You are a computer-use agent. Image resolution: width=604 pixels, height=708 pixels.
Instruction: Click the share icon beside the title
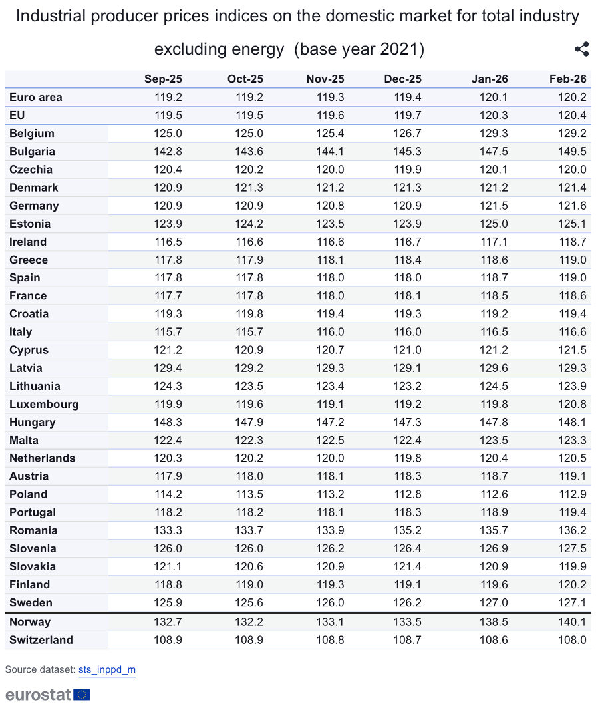[x=581, y=49]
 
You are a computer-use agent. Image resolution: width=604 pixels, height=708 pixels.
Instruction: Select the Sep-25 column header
[x=163, y=79]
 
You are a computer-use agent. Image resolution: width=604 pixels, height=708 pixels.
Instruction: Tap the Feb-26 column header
[x=567, y=79]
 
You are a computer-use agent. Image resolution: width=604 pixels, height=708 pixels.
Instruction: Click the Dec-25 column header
[x=402, y=79]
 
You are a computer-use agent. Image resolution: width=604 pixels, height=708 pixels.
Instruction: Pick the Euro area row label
[x=36, y=97]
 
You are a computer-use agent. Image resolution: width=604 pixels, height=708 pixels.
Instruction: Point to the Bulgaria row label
[x=32, y=152]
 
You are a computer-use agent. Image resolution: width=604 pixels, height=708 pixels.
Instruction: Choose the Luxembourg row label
[x=44, y=404]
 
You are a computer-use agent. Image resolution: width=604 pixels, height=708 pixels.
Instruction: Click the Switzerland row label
[x=41, y=640]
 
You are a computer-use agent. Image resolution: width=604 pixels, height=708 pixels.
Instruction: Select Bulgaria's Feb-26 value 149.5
[x=573, y=152]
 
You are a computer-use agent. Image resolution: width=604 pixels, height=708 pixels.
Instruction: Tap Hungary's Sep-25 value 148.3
[x=168, y=422]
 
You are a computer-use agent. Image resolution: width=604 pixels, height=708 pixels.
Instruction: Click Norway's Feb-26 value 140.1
[x=573, y=622]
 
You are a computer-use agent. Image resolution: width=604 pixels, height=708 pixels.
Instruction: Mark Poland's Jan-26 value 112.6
[x=494, y=494]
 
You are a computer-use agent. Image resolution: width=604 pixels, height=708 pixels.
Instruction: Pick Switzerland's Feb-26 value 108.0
[x=573, y=640]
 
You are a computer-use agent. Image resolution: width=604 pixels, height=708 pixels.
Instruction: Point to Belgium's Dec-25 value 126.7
[x=408, y=133]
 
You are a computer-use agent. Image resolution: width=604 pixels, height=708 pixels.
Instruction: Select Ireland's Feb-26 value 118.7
[x=573, y=242]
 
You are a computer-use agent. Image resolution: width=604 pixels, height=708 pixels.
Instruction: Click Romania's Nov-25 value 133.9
[x=330, y=530]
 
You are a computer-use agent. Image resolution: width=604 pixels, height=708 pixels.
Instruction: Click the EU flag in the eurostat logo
[x=82, y=695]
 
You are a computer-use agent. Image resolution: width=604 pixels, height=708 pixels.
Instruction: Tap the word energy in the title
[x=261, y=49]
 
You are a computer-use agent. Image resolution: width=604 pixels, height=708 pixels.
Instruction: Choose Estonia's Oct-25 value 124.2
[x=249, y=224]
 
